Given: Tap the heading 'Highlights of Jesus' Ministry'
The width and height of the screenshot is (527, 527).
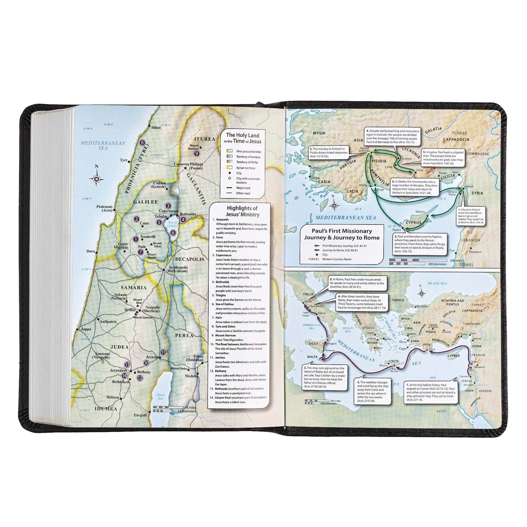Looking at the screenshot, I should (x=242, y=211).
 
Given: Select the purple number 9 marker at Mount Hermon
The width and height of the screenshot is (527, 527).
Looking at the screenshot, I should (x=197, y=153).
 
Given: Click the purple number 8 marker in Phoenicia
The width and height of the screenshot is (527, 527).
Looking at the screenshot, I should (x=142, y=143).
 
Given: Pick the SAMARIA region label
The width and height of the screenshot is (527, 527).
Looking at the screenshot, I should (x=133, y=287).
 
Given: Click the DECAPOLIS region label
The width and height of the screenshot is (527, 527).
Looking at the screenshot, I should (x=189, y=259).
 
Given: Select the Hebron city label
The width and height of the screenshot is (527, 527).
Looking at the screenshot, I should (x=113, y=397).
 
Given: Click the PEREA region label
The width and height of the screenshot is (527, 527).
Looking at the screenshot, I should (x=184, y=335).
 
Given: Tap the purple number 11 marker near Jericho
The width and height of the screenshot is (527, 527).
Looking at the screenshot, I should (x=163, y=352).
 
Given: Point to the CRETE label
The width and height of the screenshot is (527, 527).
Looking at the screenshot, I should (x=393, y=361).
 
